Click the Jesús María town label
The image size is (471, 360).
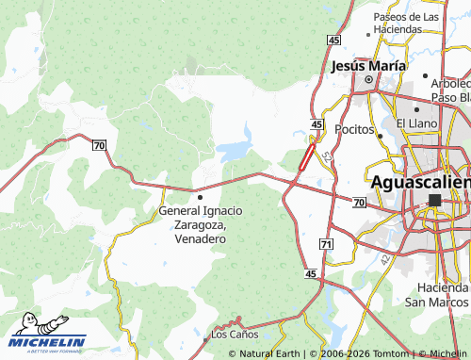(368, 66)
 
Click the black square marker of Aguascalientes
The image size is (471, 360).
(434, 200)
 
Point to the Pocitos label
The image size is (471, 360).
(354, 129)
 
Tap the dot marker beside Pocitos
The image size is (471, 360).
(380, 135)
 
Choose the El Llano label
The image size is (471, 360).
(414, 123)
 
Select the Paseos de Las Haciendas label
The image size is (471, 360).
(406, 24)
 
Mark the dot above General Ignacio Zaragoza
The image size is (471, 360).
(200, 197)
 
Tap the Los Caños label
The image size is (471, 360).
(234, 335)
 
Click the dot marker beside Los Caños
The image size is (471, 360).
(206, 336)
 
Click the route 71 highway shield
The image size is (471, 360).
(326, 244)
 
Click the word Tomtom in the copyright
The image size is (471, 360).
(388, 353)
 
